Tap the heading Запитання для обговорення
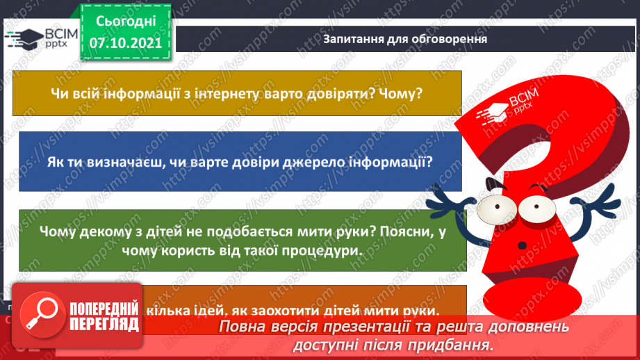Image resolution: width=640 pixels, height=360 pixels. click(x=405, y=39)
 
